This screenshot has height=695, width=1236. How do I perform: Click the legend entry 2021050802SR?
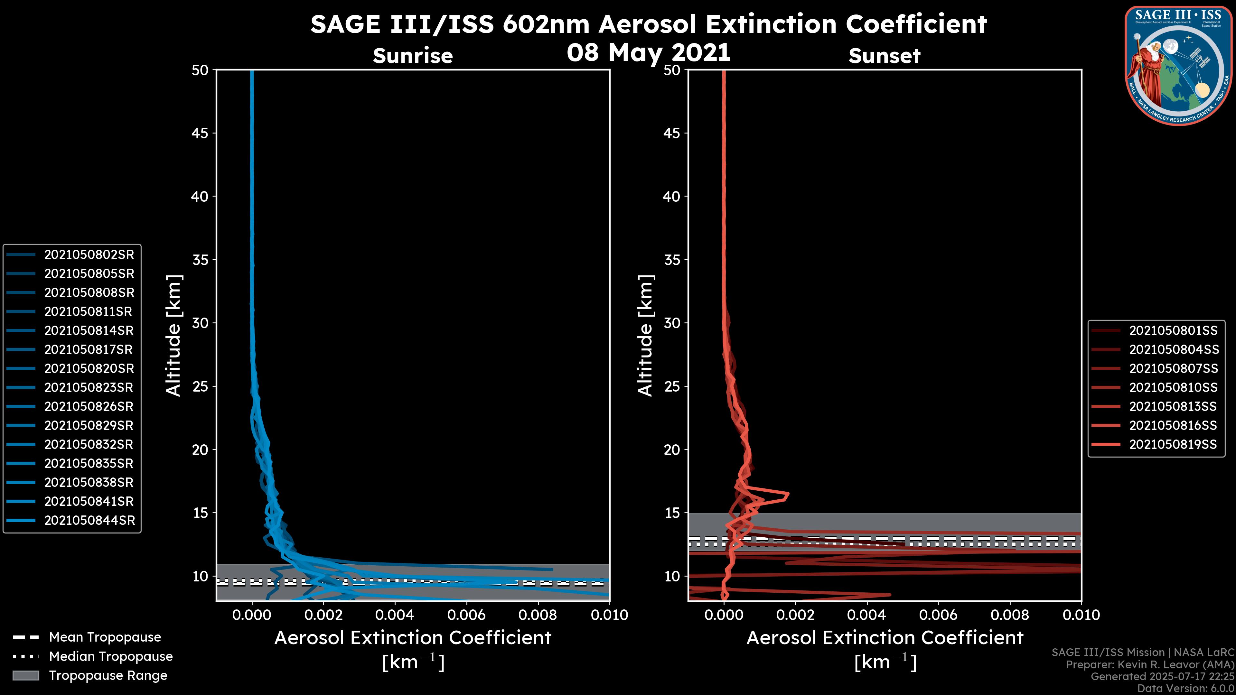pyautogui.click(x=89, y=255)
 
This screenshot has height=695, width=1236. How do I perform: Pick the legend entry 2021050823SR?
pyautogui.click(x=89, y=387)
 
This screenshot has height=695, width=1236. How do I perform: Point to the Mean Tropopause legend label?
pyautogui.click(x=105, y=637)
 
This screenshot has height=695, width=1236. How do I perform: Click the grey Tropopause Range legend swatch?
pyautogui.click(x=25, y=675)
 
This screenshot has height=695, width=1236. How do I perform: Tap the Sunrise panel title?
pyautogui.click(x=413, y=56)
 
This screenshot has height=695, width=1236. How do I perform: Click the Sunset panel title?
pyautogui.click(x=884, y=56)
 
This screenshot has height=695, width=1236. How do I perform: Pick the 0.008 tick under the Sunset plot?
pyautogui.click(x=1010, y=615)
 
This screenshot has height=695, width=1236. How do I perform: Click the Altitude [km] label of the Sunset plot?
pyautogui.click(x=645, y=335)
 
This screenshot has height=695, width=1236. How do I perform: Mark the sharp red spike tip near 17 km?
pyautogui.click(x=788, y=494)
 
